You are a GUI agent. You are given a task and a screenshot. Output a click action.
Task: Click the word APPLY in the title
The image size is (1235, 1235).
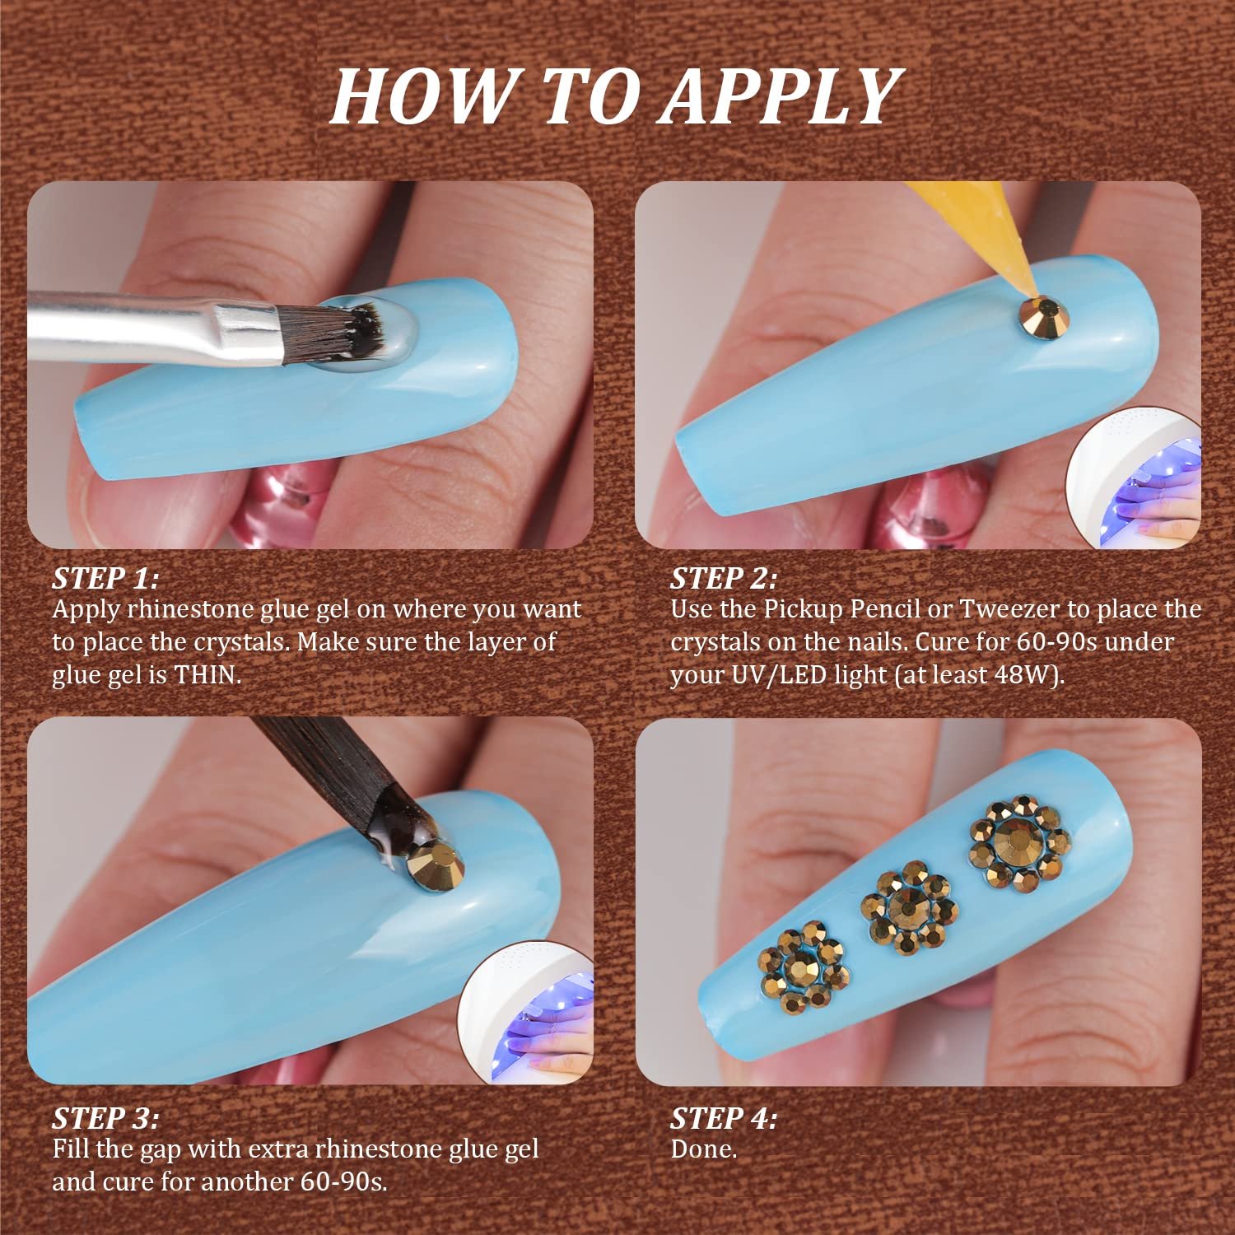(x=781, y=97)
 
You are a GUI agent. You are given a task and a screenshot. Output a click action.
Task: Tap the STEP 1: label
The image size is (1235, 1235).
(x=105, y=578)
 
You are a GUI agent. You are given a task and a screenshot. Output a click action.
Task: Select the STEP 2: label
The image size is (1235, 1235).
(x=724, y=578)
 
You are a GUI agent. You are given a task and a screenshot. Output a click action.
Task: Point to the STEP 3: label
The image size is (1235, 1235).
(x=105, y=1118)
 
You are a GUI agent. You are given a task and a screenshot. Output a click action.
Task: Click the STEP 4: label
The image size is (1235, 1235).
(x=724, y=1118)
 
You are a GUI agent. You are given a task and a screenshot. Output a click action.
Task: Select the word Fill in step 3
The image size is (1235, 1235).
(x=70, y=1149)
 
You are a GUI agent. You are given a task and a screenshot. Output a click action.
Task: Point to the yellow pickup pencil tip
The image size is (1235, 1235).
(x=1023, y=292)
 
